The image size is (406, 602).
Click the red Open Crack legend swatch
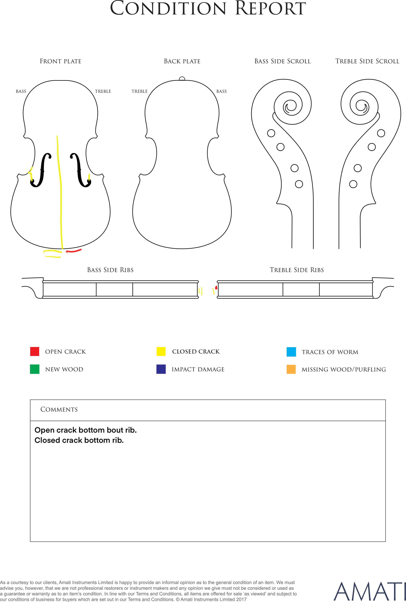[x=35, y=352]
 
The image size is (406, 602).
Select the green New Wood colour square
[x=35, y=369]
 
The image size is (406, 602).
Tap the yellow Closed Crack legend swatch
[x=161, y=352]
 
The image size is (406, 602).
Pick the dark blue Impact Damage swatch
[x=161, y=369]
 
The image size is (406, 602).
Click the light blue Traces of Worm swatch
[x=291, y=352]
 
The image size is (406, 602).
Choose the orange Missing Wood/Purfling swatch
[x=291, y=369]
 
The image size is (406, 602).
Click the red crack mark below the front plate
[x=74, y=251]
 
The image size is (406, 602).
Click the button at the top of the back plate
[x=182, y=79]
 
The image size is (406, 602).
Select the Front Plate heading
[x=61, y=61]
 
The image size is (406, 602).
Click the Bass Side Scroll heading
[x=282, y=61]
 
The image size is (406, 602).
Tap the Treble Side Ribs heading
[x=297, y=270]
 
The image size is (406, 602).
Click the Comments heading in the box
[x=59, y=409]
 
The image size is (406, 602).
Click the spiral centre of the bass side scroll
[x=291, y=106]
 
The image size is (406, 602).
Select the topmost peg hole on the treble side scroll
[x=381, y=133]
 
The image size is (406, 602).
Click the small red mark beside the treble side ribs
[x=216, y=288]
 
